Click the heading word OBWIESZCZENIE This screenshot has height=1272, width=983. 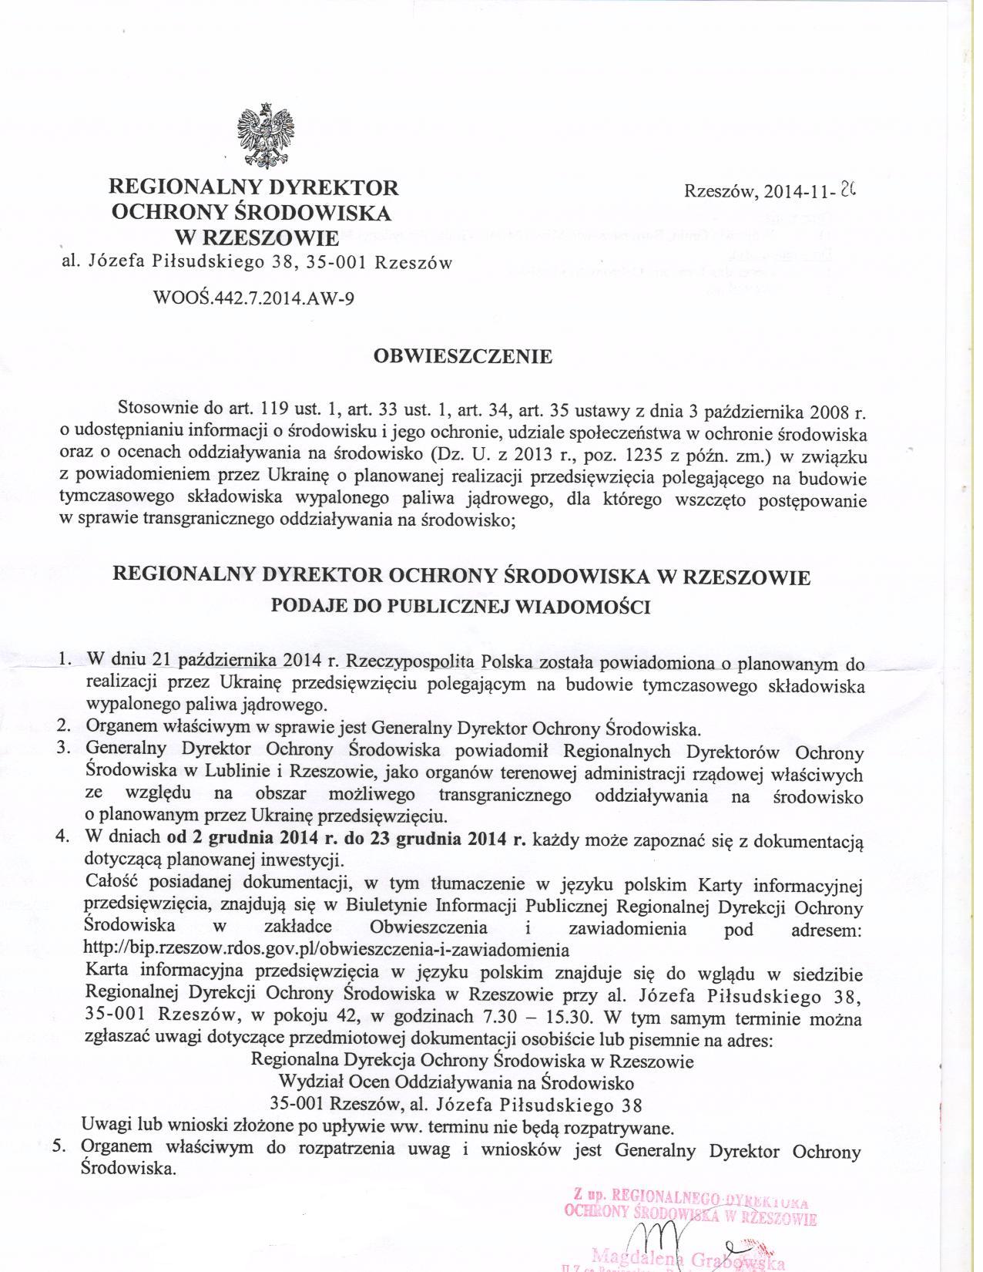point(462,357)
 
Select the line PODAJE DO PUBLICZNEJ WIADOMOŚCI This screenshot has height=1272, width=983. point(461,607)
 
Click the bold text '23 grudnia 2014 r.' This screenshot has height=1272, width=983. point(461,839)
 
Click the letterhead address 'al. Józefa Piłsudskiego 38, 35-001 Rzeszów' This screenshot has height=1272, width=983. point(257,263)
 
